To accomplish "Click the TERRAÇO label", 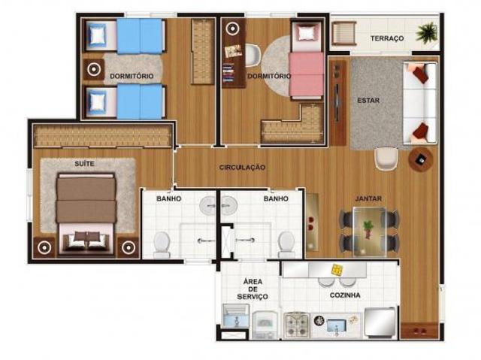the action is (387, 38).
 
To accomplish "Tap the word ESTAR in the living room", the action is (368, 100).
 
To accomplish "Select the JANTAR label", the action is (368, 198).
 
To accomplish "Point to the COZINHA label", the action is (345, 295).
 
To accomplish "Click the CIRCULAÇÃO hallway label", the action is (242, 167).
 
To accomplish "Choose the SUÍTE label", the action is (84, 163).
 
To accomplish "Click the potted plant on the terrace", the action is (427, 32).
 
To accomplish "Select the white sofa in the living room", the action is (419, 103).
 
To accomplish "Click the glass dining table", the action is (369, 231).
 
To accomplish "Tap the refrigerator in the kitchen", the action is (380, 322).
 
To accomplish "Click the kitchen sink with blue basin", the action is (337, 325).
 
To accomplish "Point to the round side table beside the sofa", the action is (421, 159).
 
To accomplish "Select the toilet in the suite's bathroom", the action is (162, 244).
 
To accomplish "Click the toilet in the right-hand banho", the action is (286, 244).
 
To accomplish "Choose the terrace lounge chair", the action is (344, 33).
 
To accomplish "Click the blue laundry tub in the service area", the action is (236, 316).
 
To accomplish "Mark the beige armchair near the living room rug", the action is (386, 159).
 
